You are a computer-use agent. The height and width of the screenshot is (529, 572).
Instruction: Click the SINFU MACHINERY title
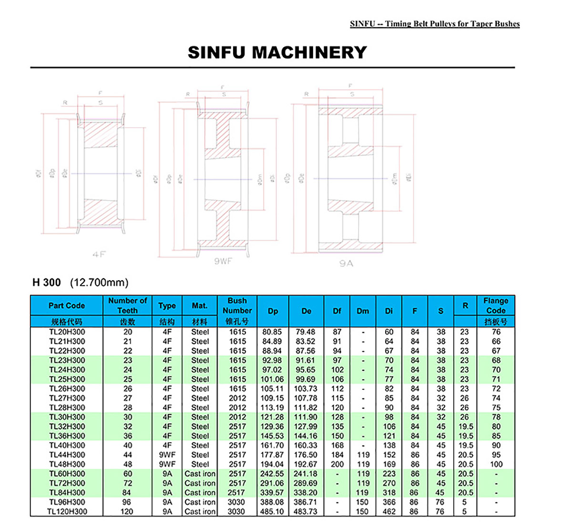pos(277,52)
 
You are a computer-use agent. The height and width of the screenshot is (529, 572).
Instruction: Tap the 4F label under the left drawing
pos(99,254)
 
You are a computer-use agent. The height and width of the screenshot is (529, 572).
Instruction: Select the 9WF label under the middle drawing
pos(223,261)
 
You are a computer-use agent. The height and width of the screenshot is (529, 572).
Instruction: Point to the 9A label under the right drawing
pos(346,263)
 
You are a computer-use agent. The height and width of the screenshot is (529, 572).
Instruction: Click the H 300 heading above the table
pos(47,282)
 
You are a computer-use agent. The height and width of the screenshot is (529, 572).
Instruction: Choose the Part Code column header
pos(67,305)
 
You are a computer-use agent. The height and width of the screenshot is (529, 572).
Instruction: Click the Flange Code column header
pos(496,305)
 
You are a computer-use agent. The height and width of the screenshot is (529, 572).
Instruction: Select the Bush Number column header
pos(237,305)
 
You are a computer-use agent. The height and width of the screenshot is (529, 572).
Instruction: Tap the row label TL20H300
pos(67,332)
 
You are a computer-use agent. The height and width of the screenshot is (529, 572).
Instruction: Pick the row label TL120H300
pos(67,511)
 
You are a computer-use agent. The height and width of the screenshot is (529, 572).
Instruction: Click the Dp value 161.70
pos(272,445)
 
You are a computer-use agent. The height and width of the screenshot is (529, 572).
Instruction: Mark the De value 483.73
pos(306,511)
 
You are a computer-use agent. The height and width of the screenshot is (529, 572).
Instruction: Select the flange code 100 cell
pos(496,464)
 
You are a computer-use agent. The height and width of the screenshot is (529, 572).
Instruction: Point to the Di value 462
pos(389,511)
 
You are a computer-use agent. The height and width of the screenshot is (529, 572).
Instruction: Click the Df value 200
pos(337,464)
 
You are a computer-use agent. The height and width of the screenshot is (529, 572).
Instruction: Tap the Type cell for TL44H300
pos(167,455)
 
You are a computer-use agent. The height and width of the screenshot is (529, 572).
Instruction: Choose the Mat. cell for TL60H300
pos(200,474)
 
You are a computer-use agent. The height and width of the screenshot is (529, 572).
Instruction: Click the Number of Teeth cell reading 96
pos(127,502)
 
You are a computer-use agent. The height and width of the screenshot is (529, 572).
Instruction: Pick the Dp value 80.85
pos(272,332)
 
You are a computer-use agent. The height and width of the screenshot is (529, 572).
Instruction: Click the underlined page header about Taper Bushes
pos(435,24)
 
